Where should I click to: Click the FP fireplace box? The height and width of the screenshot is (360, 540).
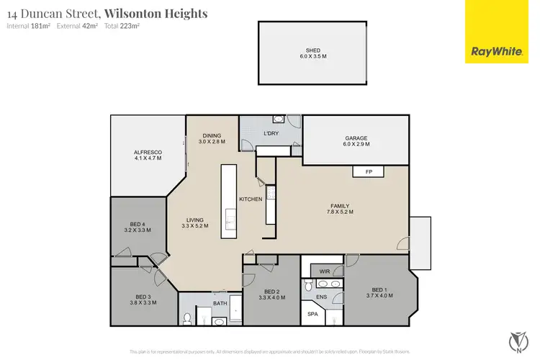click(368, 172)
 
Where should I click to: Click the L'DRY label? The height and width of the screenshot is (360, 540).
click(271, 134)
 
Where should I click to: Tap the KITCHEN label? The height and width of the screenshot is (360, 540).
click(251, 199)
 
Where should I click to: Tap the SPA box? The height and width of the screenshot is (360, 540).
click(312, 314)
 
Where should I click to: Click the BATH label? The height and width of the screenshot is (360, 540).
click(220, 303)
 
